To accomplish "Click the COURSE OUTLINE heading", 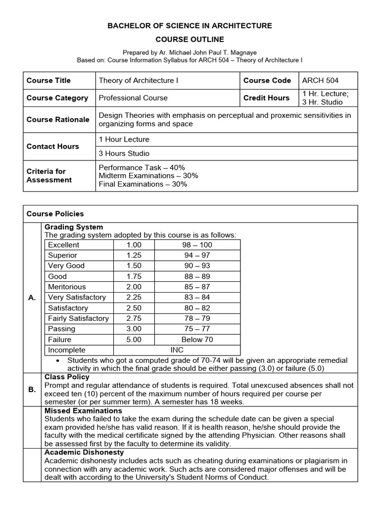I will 190,39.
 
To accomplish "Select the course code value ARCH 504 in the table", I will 321,80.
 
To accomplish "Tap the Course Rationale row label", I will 58,119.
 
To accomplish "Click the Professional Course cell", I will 133,98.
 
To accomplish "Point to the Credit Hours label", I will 266,98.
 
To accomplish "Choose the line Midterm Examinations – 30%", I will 142,176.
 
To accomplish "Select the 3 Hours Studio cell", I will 124,153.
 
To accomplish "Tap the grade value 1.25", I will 134,255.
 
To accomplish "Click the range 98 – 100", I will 197,245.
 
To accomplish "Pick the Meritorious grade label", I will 67,287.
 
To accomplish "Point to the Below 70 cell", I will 197,340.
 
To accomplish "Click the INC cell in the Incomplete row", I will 177,350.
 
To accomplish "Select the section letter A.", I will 32,298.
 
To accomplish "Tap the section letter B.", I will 32,390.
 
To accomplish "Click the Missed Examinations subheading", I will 83,411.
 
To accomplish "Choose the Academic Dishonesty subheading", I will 84,453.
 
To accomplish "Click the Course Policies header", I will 55,214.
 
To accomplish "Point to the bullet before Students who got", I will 59,360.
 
